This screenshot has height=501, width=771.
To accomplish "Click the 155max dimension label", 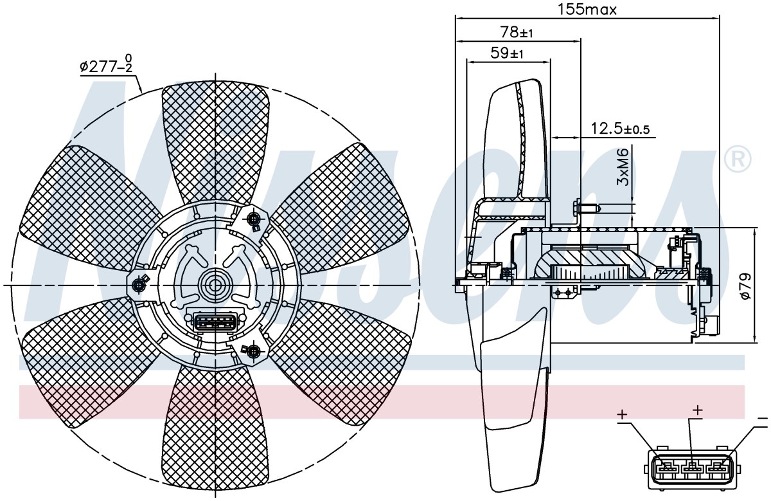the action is pyautogui.click(x=587, y=10).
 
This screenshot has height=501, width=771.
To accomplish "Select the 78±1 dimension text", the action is pyautogui.click(x=517, y=32).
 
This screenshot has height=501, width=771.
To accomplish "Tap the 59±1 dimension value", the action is pyautogui.click(x=507, y=53).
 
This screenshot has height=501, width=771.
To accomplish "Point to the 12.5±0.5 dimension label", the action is pyautogui.click(x=620, y=129).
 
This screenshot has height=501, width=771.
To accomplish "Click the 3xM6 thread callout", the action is pyautogui.click(x=623, y=167).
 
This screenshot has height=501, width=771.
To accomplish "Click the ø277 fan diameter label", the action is pyautogui.click(x=106, y=64).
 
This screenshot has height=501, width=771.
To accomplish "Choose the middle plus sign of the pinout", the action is pyautogui.click(x=697, y=410).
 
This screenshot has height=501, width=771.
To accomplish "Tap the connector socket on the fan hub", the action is pyautogui.click(x=215, y=322).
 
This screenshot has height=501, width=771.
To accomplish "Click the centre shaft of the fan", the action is pyautogui.click(x=215, y=286).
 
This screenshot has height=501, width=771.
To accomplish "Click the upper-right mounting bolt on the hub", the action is pyautogui.click(x=254, y=219).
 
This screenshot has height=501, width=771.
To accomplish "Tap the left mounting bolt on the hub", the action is pyautogui.click(x=139, y=285).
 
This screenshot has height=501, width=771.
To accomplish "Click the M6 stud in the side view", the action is pyautogui.click(x=587, y=208).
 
